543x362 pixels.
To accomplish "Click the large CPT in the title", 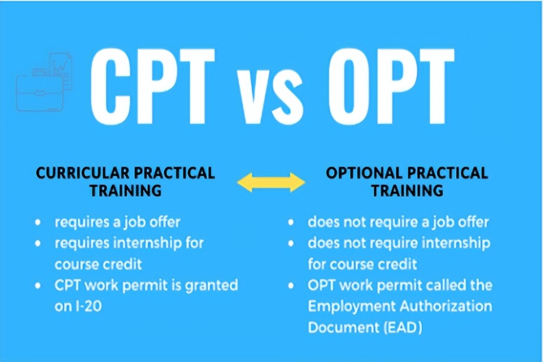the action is click(x=152, y=86).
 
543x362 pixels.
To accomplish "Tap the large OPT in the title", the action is click(x=391, y=86).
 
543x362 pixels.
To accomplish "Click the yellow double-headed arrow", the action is click(x=271, y=182).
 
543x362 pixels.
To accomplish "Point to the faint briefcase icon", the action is click(x=40, y=91).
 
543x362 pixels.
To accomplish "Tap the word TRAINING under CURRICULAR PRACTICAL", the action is click(x=125, y=191).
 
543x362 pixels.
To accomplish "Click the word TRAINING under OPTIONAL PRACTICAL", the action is click(x=407, y=191).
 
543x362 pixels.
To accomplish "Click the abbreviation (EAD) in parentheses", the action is click(x=403, y=328).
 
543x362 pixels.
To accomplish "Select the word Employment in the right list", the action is click(x=352, y=307).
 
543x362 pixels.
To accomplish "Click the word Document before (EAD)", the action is click(x=343, y=328).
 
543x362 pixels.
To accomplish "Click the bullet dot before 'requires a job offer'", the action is click(x=38, y=222).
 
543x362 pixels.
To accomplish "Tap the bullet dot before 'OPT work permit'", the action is click(x=291, y=285).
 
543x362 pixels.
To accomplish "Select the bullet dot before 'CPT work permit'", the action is click(x=38, y=285).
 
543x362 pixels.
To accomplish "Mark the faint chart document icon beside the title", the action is click(x=61, y=70).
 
